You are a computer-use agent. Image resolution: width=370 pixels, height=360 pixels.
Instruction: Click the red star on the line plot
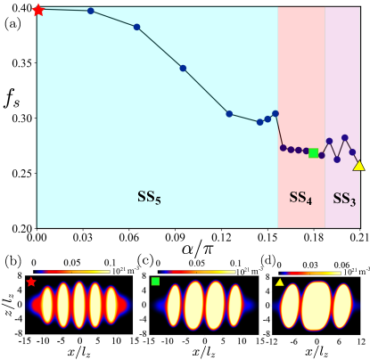[37, 10]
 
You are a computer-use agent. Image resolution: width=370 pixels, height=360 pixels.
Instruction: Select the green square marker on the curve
[313, 152]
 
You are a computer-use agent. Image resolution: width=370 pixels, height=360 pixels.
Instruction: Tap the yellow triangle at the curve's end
[358, 165]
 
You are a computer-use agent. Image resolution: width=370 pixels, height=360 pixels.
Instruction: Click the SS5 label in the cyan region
[149, 198]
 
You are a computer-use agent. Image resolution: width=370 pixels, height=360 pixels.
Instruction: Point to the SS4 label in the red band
[300, 198]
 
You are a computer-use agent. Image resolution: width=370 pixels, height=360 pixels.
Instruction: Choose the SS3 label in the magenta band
[344, 199]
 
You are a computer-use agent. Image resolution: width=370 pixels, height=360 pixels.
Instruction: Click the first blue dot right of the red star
[91, 11]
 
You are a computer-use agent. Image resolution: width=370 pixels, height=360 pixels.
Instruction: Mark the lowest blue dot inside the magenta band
[337, 160]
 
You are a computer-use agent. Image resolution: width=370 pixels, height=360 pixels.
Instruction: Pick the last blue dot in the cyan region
[275, 113]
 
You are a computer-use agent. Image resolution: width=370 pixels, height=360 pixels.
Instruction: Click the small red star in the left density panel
[31, 282]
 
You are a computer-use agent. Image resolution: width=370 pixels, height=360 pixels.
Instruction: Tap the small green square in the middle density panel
[155, 281]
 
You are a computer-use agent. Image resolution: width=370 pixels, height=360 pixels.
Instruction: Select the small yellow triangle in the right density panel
[279, 282]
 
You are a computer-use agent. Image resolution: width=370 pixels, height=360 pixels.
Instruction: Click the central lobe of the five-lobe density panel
[79, 305]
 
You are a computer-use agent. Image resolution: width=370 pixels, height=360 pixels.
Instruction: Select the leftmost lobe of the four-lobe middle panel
[174, 306]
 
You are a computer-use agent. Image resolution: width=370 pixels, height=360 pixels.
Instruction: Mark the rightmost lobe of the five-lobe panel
[111, 305]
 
